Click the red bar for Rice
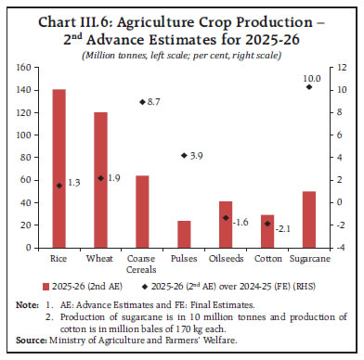click(x=58, y=167)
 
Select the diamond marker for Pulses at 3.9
click(x=184, y=156)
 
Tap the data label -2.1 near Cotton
click(x=285, y=227)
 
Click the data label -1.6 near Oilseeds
click(x=243, y=223)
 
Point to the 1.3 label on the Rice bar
click(x=75, y=185)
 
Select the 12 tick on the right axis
click(x=342, y=67)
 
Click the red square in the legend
click(x=45, y=286)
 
